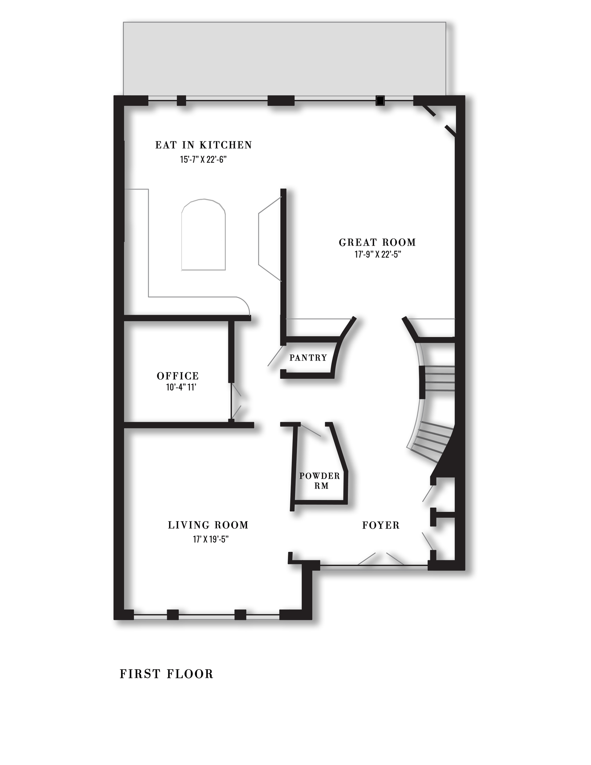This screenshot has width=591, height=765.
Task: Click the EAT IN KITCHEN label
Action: click(x=203, y=145)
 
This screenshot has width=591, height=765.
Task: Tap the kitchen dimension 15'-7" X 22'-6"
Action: click(x=203, y=160)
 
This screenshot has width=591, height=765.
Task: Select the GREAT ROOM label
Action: click(x=377, y=242)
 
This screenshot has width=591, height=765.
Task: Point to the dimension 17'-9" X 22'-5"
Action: click(x=377, y=254)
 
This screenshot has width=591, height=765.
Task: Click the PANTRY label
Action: click(x=308, y=358)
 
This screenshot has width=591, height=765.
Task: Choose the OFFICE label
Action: click(x=178, y=376)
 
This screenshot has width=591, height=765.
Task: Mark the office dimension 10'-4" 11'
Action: click(x=181, y=387)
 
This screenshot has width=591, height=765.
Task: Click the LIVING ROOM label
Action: click(x=208, y=525)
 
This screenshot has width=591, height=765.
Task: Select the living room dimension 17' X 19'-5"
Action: click(x=211, y=539)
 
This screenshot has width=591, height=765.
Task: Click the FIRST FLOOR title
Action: click(x=166, y=674)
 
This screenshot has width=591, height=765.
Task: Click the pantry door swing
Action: click(x=275, y=356)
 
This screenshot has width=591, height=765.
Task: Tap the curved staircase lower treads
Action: click(x=431, y=438)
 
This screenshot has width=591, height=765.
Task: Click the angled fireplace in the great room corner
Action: click(x=438, y=119)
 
